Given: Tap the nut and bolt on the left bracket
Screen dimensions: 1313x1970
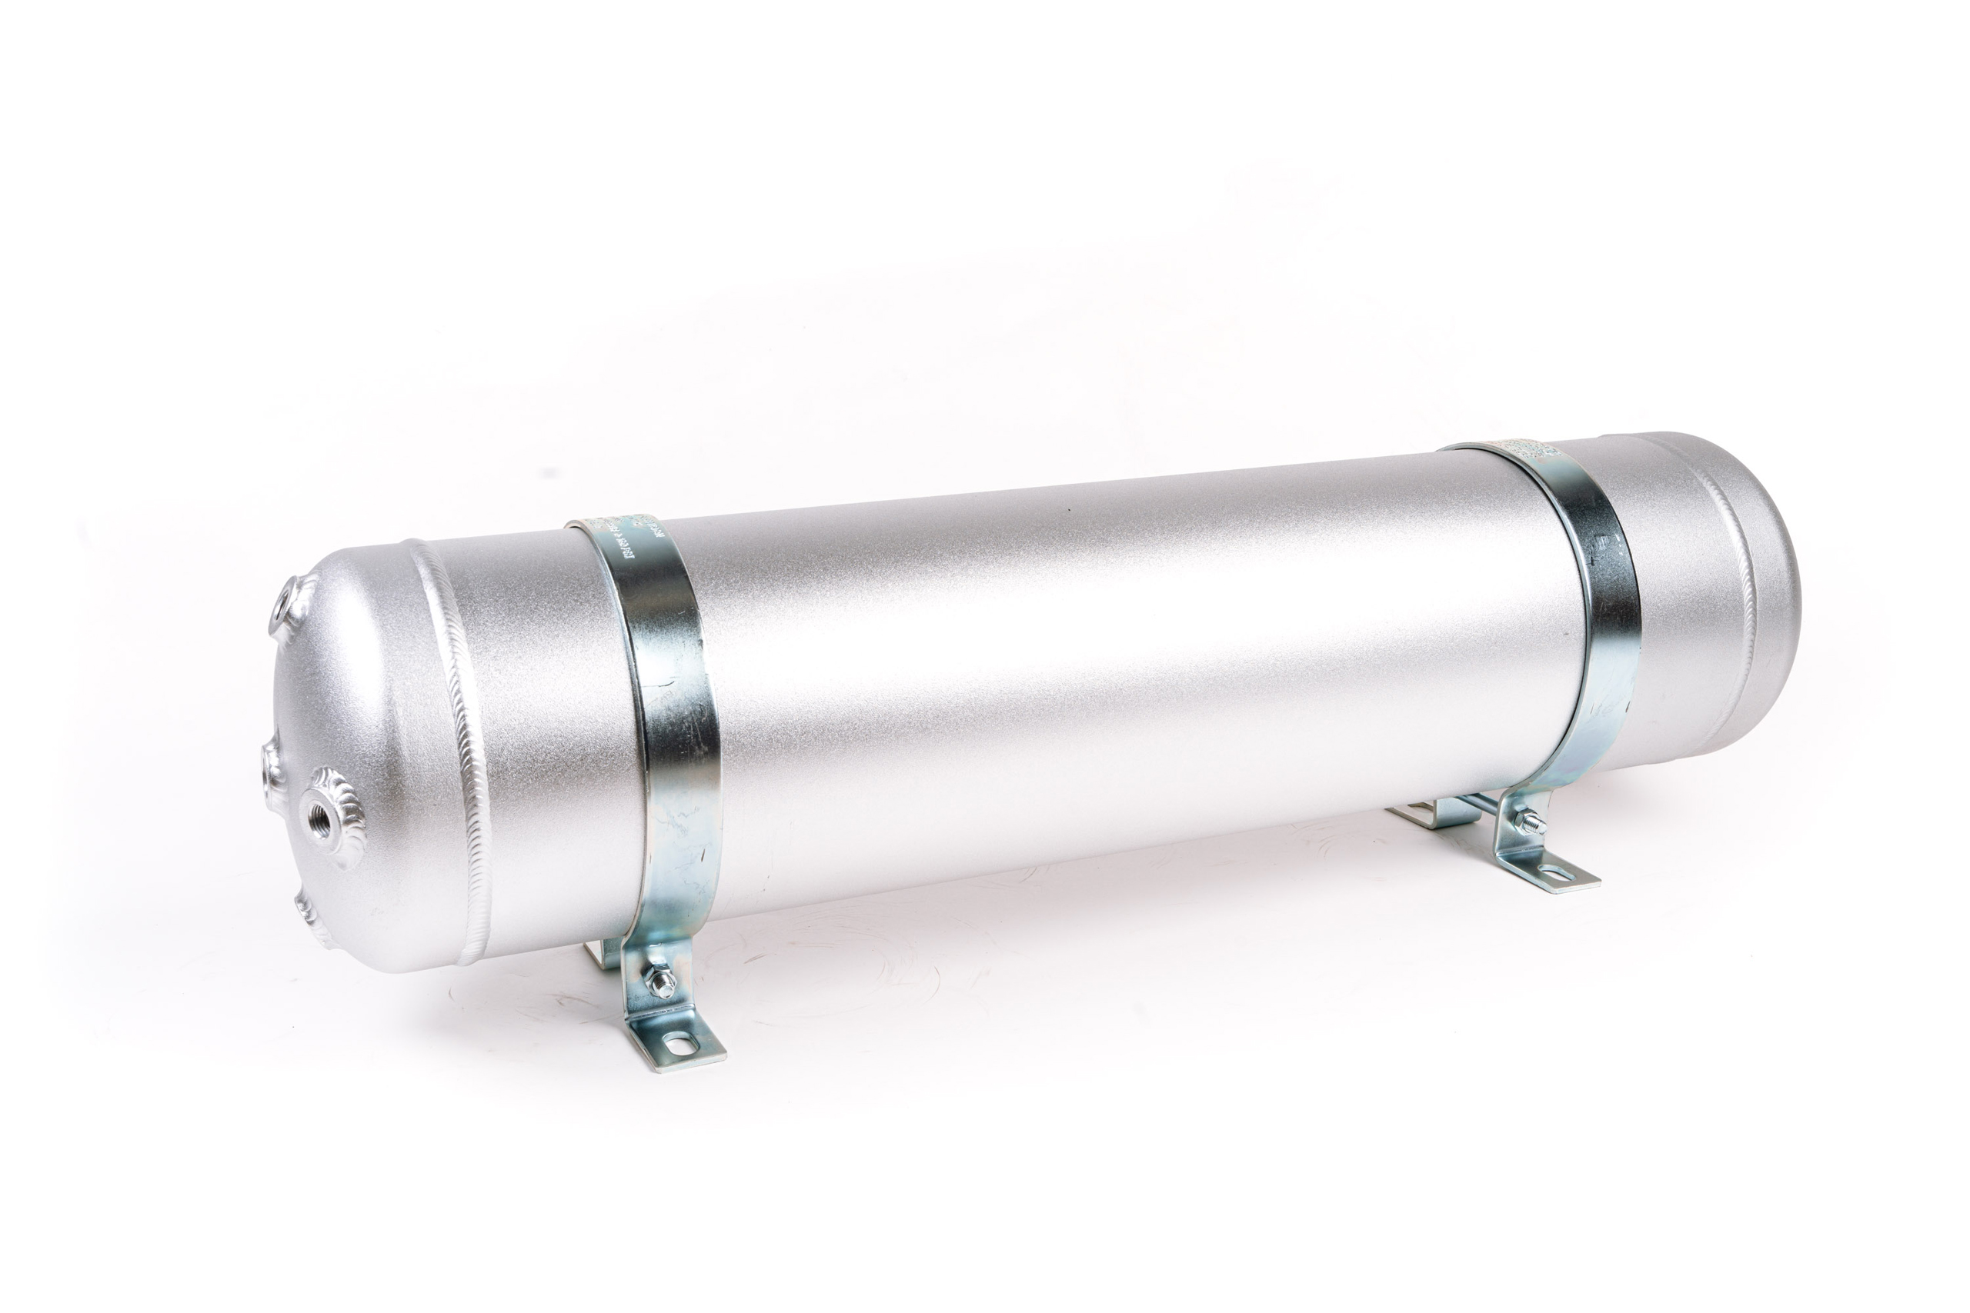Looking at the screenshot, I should (661, 981).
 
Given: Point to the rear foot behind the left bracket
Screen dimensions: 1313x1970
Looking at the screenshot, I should (601, 954).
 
